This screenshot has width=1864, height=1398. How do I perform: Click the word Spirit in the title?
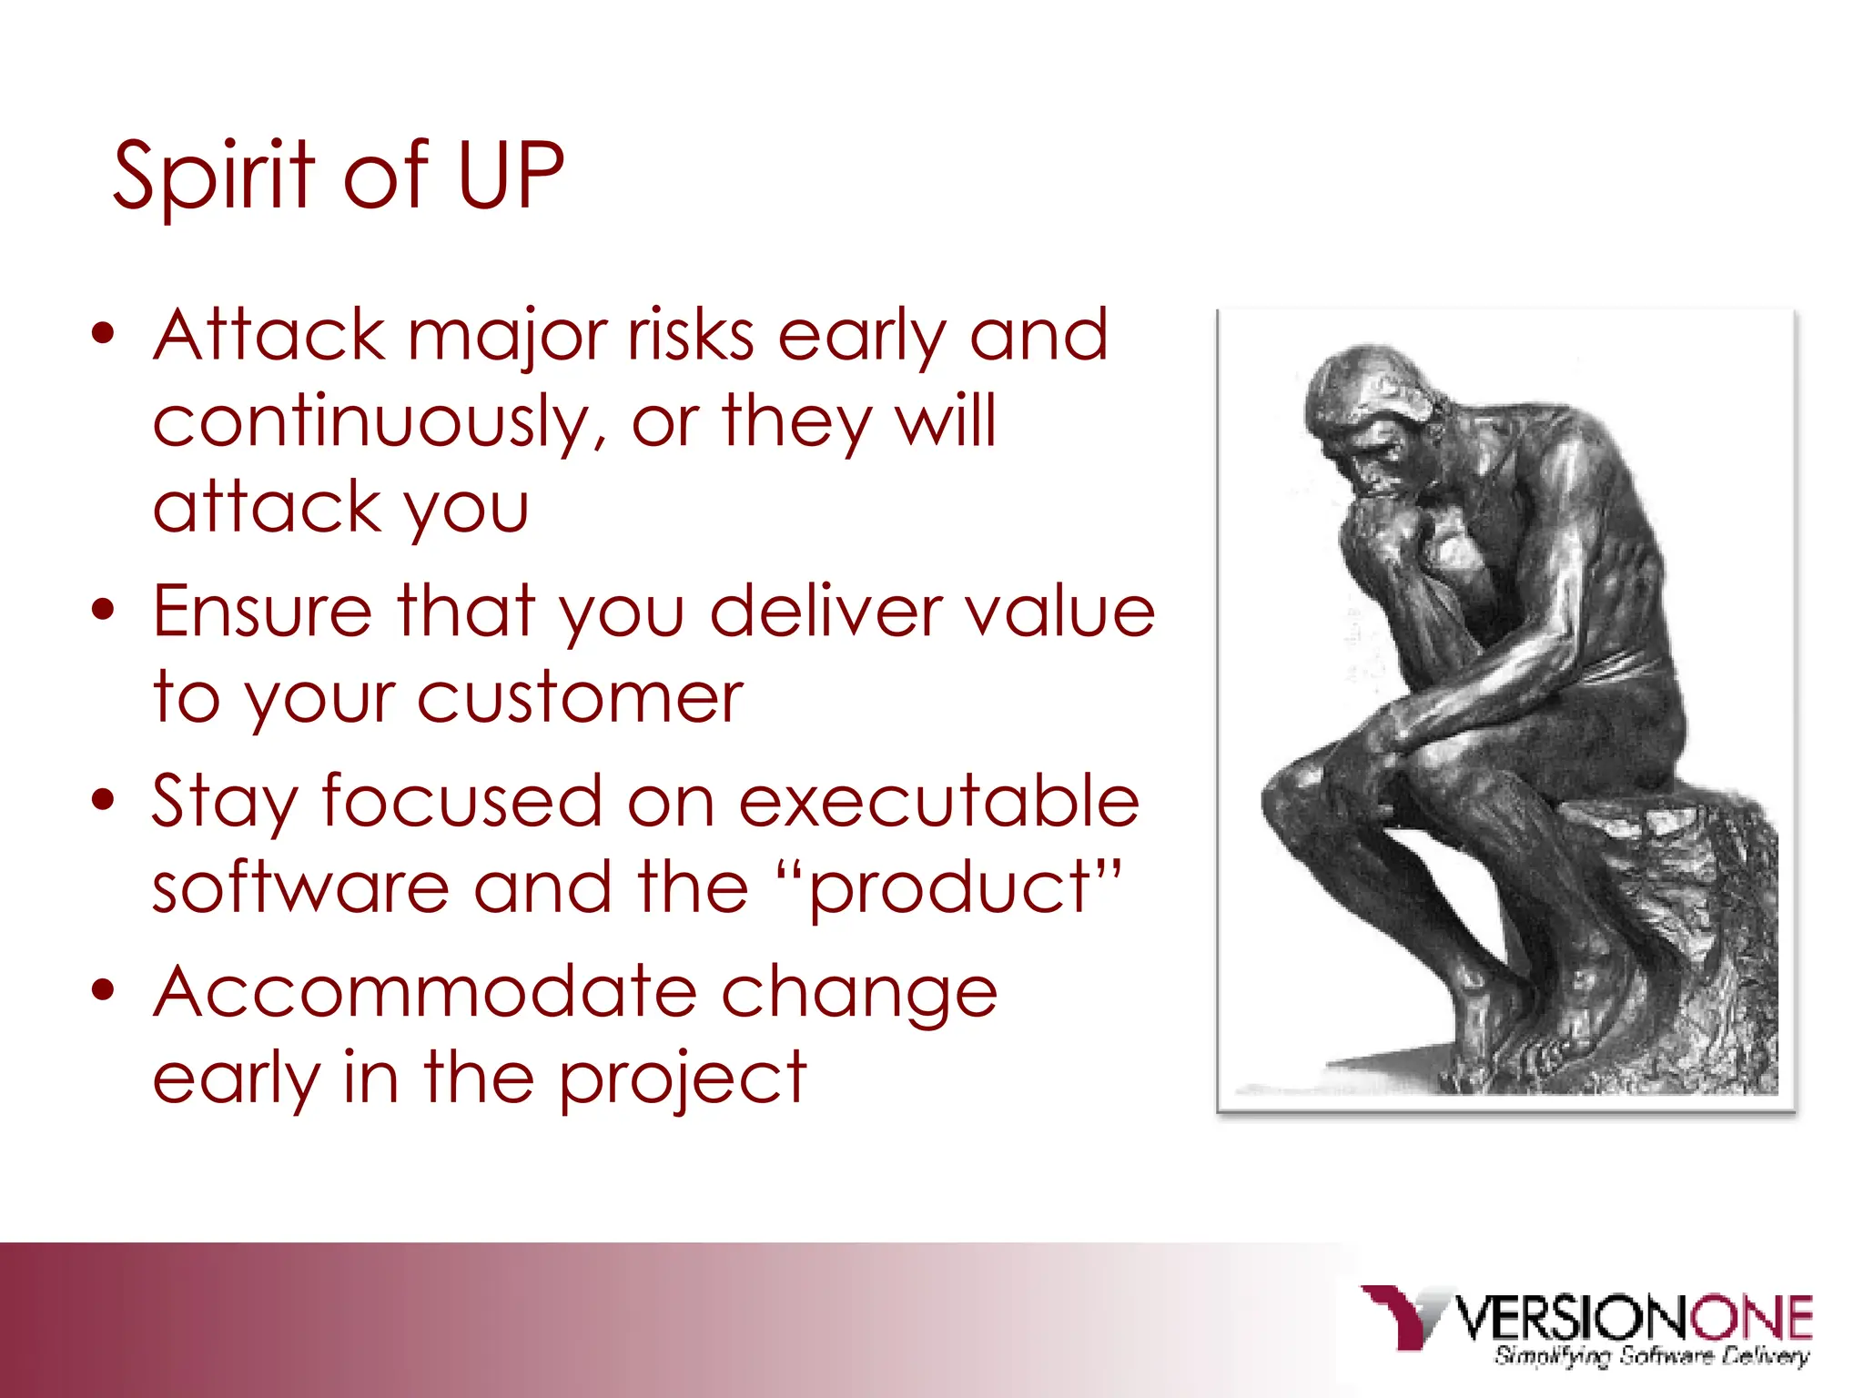click(x=214, y=177)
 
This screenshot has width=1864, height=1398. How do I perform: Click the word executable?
click(x=937, y=802)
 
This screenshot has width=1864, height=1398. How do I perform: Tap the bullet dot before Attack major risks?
click(x=104, y=334)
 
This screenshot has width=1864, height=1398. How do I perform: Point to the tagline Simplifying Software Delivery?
click(x=1651, y=1356)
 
